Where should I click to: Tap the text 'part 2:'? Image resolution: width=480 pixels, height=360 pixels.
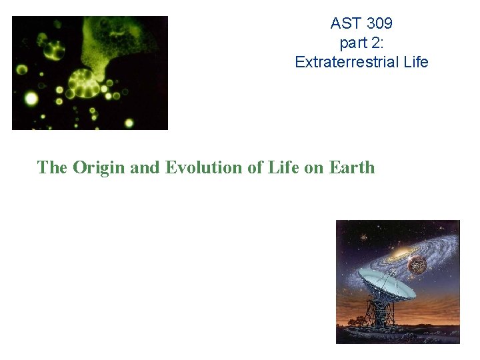(x=361, y=43)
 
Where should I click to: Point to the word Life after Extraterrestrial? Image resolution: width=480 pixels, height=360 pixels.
(x=414, y=63)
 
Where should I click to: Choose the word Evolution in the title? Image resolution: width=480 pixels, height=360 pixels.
(x=204, y=167)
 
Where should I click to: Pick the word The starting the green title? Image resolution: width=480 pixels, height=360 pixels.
(x=53, y=167)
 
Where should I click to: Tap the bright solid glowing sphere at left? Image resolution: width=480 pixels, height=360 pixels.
(x=31, y=99)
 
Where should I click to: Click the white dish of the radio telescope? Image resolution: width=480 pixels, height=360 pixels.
(x=387, y=283)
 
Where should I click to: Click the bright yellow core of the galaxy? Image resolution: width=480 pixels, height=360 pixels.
(x=403, y=253)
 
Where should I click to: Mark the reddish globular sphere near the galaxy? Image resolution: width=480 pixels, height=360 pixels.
(x=417, y=266)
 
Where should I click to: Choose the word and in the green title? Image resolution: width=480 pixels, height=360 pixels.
(x=145, y=167)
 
